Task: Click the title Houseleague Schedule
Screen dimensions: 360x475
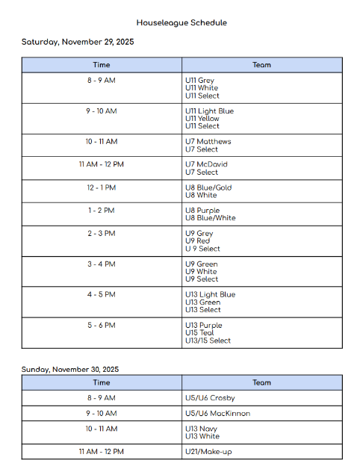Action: coord(181,23)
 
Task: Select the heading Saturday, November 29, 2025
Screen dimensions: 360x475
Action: coord(78,42)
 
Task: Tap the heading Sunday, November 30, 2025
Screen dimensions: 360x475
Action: coord(69,369)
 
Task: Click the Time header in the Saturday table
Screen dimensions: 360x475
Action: coord(101,65)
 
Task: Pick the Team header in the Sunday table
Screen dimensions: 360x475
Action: coord(261,382)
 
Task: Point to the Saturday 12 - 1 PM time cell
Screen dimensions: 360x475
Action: coord(101,187)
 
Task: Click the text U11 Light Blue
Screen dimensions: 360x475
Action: coord(209,111)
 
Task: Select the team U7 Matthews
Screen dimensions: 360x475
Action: coord(208,142)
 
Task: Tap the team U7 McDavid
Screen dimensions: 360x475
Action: coord(207,164)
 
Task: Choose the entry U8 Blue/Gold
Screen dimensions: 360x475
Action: coord(208,187)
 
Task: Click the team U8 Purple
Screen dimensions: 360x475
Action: coord(202,211)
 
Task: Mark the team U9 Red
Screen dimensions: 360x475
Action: coord(197,241)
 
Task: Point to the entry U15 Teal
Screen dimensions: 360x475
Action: coord(199,333)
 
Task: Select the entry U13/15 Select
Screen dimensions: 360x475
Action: coord(208,341)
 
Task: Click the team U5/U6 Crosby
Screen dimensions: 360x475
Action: coord(210,398)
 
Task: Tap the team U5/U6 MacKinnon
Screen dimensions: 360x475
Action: coord(217,413)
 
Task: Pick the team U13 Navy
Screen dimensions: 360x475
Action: coord(201,429)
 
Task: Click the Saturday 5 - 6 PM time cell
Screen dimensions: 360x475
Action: coord(101,326)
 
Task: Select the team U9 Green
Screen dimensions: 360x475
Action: coord(202,264)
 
